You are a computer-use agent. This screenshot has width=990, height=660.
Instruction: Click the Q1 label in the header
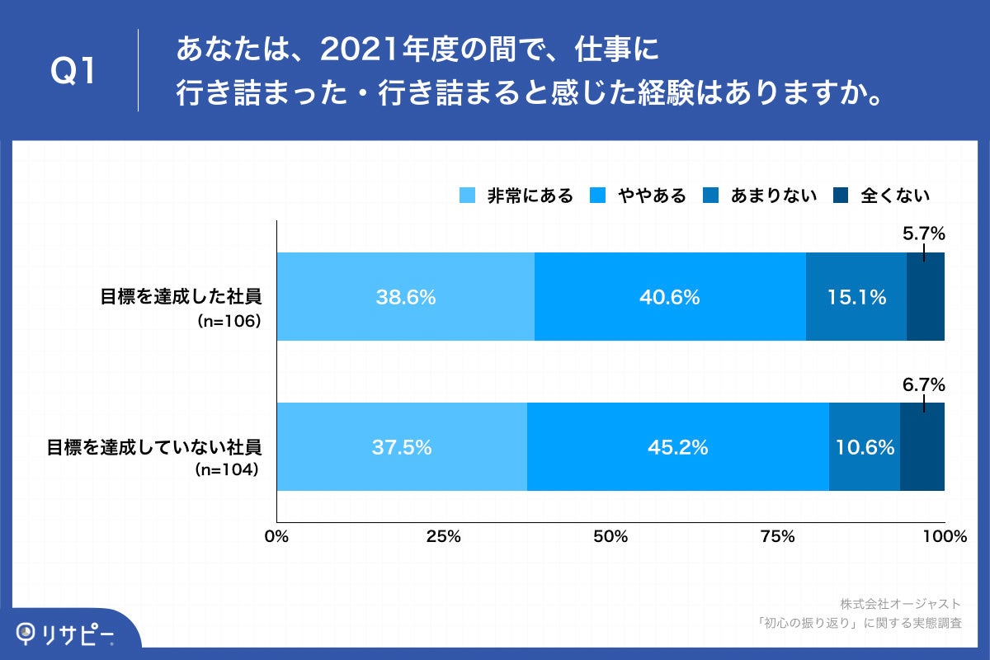(x=75, y=72)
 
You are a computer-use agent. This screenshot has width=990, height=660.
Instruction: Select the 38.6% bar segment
(x=405, y=297)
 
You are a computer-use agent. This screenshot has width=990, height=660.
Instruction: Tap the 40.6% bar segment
(x=670, y=297)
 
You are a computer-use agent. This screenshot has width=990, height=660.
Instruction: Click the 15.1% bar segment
(x=856, y=297)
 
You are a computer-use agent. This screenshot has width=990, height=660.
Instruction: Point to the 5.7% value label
(x=923, y=234)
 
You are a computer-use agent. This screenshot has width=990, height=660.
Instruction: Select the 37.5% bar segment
(x=402, y=447)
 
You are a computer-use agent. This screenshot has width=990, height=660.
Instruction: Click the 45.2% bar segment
(x=677, y=447)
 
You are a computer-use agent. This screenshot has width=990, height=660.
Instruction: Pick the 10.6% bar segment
(x=865, y=447)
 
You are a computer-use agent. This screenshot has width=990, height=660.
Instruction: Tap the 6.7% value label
(x=923, y=384)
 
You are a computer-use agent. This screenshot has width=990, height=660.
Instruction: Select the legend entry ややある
(x=639, y=196)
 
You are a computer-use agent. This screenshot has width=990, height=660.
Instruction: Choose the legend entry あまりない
(x=760, y=196)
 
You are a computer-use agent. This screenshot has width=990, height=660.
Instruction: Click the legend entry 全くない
(x=883, y=196)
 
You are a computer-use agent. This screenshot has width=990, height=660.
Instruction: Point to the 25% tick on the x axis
(x=443, y=537)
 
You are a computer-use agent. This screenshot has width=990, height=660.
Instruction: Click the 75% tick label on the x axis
(x=777, y=537)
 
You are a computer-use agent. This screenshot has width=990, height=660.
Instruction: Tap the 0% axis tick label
(x=276, y=537)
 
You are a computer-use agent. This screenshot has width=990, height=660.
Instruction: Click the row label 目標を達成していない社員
(x=153, y=448)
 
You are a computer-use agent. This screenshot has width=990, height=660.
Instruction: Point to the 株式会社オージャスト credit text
(x=900, y=604)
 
